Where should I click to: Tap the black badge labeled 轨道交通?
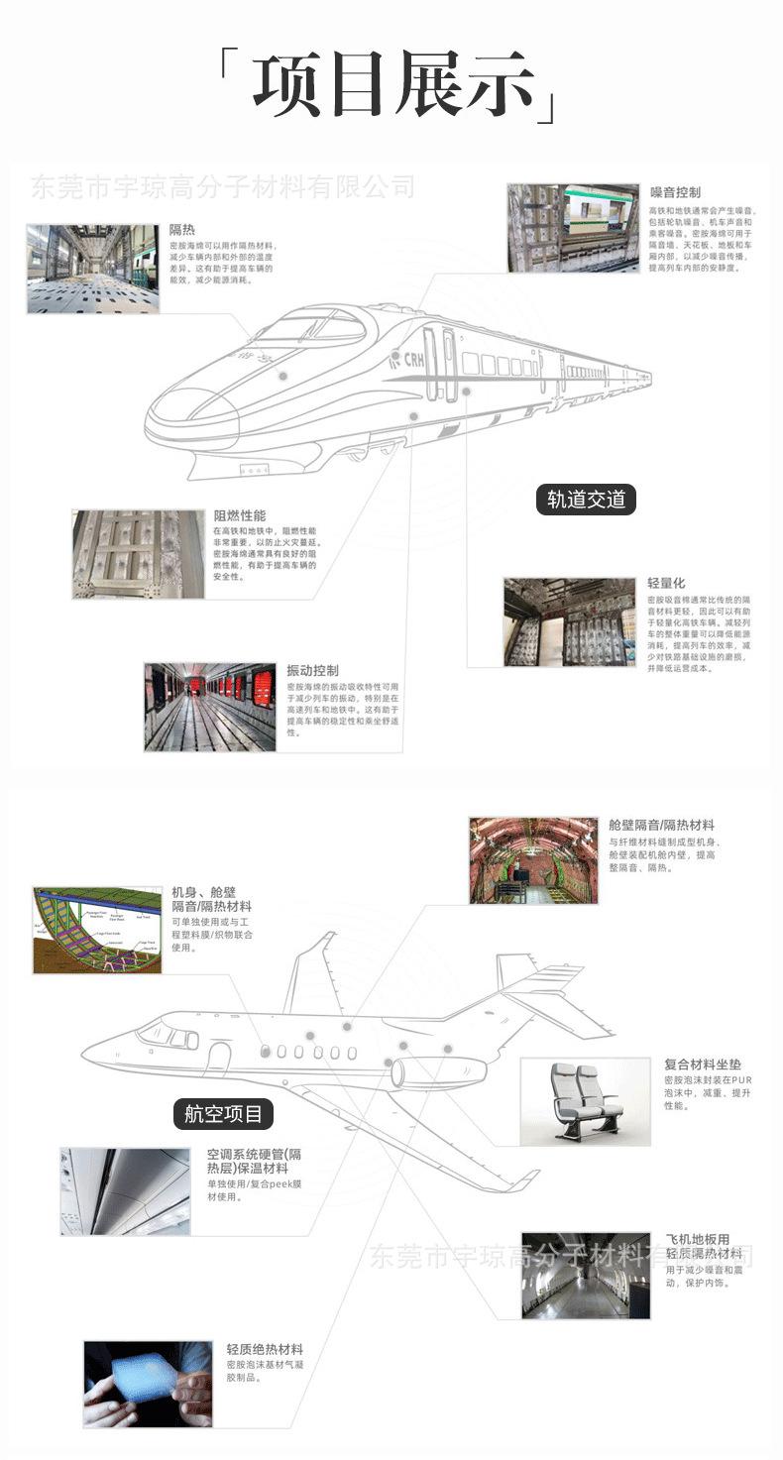(x=586, y=499)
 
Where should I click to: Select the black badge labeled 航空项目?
(x=224, y=1113)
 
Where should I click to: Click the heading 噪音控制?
(x=675, y=191)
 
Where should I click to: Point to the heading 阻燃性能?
(x=240, y=515)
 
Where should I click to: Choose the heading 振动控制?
(x=312, y=670)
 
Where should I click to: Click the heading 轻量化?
(x=666, y=583)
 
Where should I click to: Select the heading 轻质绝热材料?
(x=265, y=1349)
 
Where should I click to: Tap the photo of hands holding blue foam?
(x=147, y=1384)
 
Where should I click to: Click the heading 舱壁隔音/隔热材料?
(x=661, y=825)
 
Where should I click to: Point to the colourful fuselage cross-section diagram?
(x=96, y=930)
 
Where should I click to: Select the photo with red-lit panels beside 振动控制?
(x=209, y=706)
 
